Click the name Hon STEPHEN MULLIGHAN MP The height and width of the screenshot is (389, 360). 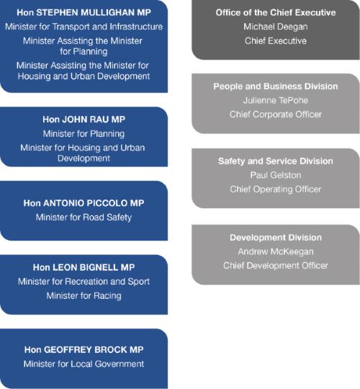(84, 12)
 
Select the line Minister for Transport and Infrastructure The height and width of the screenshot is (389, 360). (84, 27)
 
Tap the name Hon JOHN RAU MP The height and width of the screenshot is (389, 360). (84, 120)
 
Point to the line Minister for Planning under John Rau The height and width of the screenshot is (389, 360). (84, 134)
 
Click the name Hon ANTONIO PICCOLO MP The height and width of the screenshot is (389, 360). (84, 203)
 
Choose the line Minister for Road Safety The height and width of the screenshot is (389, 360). (84, 218)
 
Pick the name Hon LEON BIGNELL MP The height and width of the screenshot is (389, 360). (84, 267)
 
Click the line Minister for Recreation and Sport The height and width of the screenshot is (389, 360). (84, 282)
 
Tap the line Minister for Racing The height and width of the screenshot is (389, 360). (84, 296)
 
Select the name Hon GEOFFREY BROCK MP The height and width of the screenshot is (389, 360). (84, 349)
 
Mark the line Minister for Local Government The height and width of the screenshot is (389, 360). (84, 364)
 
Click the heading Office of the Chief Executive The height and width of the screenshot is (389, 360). (276, 12)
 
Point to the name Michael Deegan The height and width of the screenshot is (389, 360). (276, 27)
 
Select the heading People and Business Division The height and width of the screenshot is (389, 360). (276, 86)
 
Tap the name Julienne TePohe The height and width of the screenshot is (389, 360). (276, 100)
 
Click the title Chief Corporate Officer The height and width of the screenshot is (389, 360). (276, 115)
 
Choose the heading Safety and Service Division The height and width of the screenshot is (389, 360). (276, 161)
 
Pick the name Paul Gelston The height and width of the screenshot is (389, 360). (276, 175)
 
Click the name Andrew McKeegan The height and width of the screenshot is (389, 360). (276, 251)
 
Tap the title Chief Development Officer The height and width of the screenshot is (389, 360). (276, 266)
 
